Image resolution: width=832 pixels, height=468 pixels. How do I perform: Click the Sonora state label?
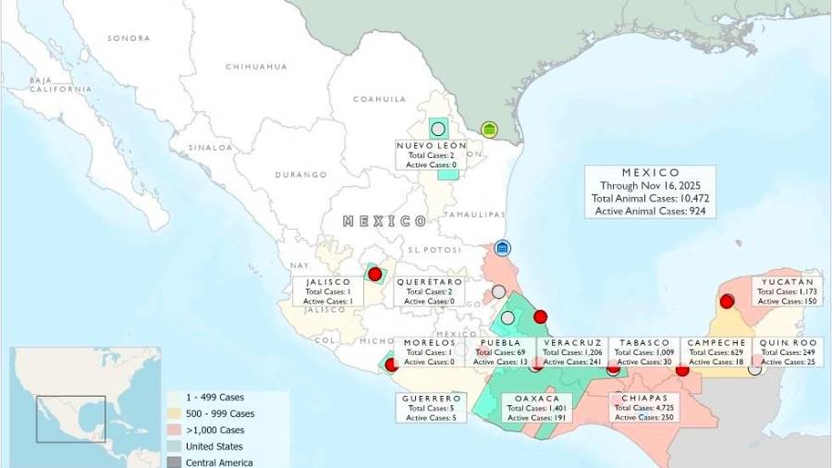tap(128, 38)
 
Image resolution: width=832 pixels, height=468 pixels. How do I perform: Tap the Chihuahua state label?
tap(256, 67)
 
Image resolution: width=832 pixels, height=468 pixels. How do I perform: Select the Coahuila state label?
tap(379, 99)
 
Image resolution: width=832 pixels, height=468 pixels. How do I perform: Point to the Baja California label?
tap(60, 85)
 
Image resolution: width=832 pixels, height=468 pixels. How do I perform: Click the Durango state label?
tap(300, 175)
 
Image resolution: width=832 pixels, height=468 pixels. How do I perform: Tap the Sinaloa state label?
tap(211, 147)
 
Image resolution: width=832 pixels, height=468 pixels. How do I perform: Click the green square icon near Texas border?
tap(489, 129)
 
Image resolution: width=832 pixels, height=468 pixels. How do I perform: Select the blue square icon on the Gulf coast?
tap(502, 248)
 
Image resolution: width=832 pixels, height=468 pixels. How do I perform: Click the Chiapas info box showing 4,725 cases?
tap(640, 408)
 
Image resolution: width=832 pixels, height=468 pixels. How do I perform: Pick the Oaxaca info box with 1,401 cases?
tap(536, 408)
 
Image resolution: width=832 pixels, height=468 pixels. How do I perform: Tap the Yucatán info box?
tap(788, 291)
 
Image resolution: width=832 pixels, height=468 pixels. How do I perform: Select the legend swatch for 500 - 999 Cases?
tap(175, 413)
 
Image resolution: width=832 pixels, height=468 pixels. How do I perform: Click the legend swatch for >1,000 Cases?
tap(175, 430)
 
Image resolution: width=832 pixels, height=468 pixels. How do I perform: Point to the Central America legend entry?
tap(218, 462)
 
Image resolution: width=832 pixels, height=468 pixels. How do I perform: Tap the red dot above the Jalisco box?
tap(374, 274)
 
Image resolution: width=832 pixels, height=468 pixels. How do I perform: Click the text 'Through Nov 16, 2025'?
tap(650, 185)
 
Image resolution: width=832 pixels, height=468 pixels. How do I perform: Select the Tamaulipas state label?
tap(472, 214)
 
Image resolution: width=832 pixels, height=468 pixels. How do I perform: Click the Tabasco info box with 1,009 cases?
tap(644, 351)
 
